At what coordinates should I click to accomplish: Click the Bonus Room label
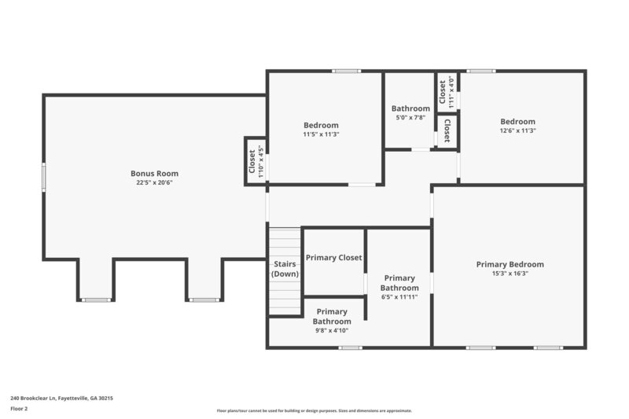(x=154, y=174)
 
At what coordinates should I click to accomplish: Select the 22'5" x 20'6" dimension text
(x=154, y=182)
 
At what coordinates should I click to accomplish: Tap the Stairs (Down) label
(x=285, y=269)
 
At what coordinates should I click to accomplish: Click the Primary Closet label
(x=333, y=258)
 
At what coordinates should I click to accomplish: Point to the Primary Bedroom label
(x=509, y=264)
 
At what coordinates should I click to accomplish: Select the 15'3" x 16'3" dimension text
(x=509, y=274)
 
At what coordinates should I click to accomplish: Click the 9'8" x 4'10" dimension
(x=331, y=330)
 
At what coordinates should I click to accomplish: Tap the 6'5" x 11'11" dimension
(x=399, y=296)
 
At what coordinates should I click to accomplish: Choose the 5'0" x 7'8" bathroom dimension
(x=410, y=117)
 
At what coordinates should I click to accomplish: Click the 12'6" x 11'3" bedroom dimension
(x=517, y=130)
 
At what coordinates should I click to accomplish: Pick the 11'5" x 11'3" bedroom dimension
(x=321, y=134)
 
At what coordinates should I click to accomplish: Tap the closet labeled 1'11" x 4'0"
(x=447, y=90)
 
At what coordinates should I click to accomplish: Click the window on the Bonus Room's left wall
(x=44, y=176)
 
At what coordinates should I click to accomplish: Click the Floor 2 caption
(x=19, y=409)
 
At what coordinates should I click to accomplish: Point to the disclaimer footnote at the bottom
(x=314, y=410)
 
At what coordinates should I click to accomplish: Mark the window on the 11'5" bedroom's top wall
(x=345, y=72)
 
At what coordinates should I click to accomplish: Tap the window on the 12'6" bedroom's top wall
(x=481, y=72)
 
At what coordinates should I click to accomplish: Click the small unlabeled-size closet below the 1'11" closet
(x=447, y=130)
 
